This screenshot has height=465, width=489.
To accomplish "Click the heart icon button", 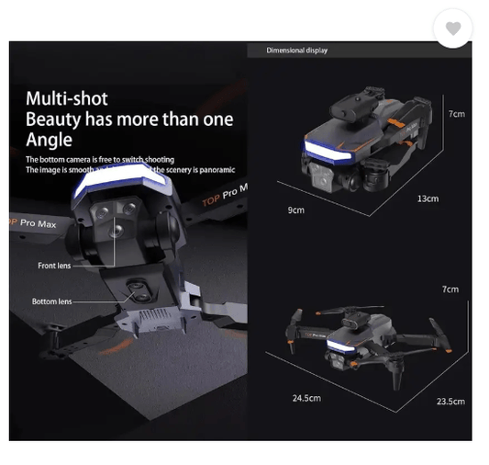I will coord(452,29).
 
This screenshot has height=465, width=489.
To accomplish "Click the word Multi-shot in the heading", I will coord(66,98).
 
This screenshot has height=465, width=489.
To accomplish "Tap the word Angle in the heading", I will coord(49,140).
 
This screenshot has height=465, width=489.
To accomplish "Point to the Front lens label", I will coord(54,266).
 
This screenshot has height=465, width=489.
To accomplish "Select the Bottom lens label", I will coord(51,301).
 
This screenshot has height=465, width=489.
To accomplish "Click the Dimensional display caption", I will coord(296,51).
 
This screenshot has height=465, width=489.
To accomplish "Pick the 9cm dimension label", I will coord(295,210).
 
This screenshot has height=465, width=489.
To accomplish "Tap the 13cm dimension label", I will coord(428,198).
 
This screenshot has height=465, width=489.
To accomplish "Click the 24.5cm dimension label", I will coord(306,398).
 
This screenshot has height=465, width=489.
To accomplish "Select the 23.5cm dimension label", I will coord(450,402).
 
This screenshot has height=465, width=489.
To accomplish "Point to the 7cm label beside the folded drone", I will coord(455,114).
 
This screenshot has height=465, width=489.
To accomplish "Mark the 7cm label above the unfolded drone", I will coord(450,289).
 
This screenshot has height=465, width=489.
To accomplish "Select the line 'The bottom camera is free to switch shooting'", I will coord(99,160).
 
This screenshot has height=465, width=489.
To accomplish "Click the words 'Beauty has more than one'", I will coord(128,119).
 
